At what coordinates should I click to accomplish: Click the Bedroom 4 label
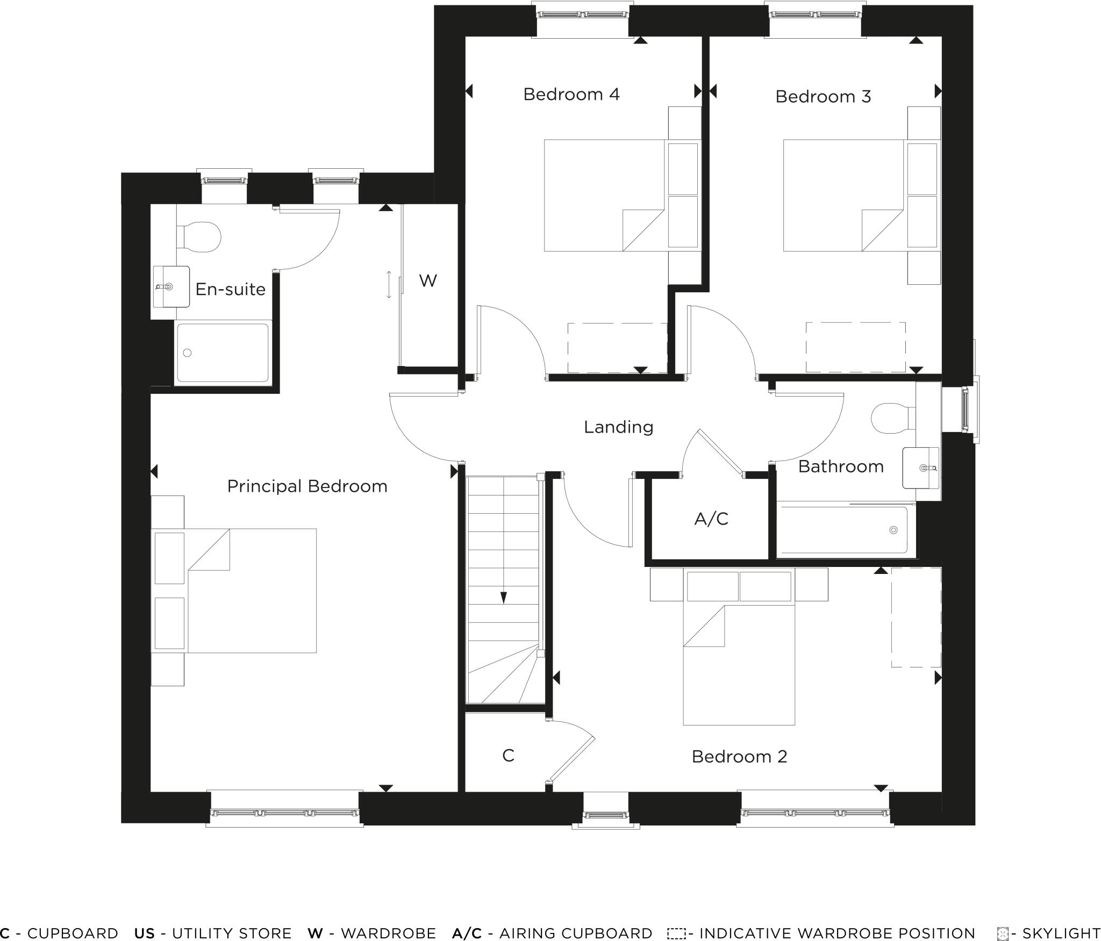(571, 95)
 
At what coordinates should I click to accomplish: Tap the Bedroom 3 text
(823, 97)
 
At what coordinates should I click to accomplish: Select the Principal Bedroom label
(307, 486)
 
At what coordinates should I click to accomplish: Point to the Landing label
(618, 427)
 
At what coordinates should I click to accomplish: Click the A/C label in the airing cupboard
(711, 519)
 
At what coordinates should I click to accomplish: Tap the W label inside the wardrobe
(428, 281)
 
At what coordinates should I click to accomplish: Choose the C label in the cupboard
(508, 756)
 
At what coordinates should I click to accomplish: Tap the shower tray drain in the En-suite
(188, 353)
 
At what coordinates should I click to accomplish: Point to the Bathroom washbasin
(921, 468)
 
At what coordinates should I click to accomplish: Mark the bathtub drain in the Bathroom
(893, 530)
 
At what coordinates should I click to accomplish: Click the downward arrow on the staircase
(504, 597)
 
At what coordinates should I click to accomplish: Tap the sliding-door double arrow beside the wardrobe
(389, 285)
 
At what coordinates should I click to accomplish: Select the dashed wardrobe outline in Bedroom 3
(855, 347)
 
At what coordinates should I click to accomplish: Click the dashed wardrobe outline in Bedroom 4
(617, 348)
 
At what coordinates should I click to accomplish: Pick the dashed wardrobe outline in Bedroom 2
(916, 617)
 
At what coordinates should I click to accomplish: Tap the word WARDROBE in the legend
(388, 933)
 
